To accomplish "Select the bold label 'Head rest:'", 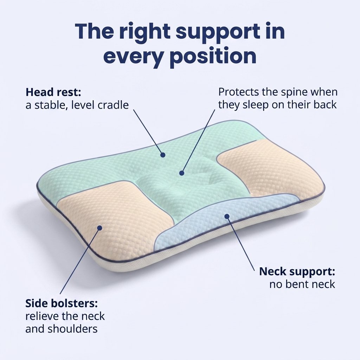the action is pos(53,92).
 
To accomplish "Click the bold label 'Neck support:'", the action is pos(297,272).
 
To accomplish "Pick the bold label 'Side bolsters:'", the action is pos(62,303).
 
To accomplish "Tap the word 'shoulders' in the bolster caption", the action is pos(72,329).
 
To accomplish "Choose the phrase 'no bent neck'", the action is pos(302,284).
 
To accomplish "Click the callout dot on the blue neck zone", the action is pos(227,216).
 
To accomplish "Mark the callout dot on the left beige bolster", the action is pos(99,228).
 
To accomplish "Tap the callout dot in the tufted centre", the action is pos(182,173).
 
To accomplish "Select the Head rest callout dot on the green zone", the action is pos(163,155).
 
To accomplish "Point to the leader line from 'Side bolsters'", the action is pos(80,261).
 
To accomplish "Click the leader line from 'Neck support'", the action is pos(241,244).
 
